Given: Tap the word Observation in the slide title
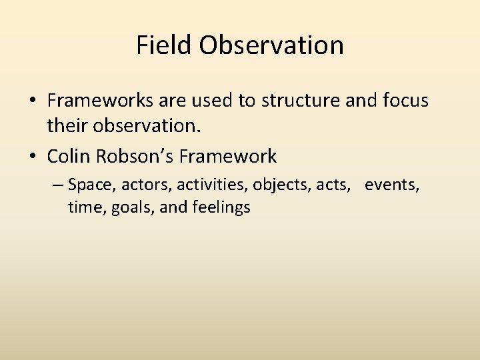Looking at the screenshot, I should click(271, 45).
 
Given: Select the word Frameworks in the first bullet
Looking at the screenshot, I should click(98, 101).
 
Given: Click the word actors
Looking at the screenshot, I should click(141, 185).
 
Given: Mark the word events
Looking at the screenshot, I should click(391, 185).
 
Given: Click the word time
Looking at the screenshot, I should click(83, 207).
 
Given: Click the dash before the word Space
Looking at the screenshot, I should click(59, 185).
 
